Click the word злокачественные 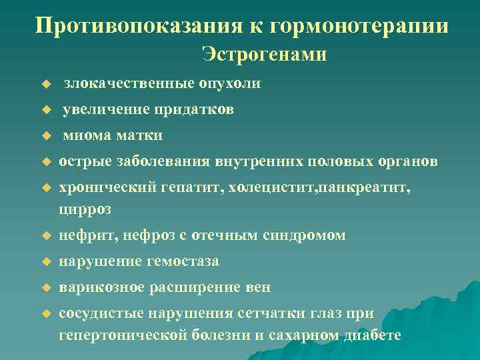(x=128, y=84)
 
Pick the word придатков (x=194, y=109)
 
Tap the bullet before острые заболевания (x=46, y=162)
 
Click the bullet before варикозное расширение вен (x=46, y=289)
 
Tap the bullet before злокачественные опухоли (x=46, y=85)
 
